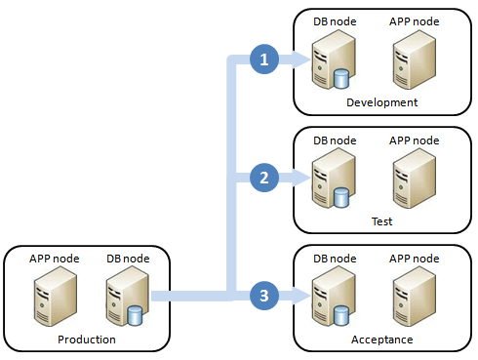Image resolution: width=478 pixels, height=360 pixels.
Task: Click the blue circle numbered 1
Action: (261, 60)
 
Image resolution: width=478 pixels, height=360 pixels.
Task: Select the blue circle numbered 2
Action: (261, 177)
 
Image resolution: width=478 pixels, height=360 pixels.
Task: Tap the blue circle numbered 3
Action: (261, 293)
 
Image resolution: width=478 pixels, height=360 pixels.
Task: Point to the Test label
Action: (381, 221)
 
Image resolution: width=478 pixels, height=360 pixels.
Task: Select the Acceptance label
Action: (381, 339)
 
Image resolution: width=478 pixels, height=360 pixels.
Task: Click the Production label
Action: (87, 339)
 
